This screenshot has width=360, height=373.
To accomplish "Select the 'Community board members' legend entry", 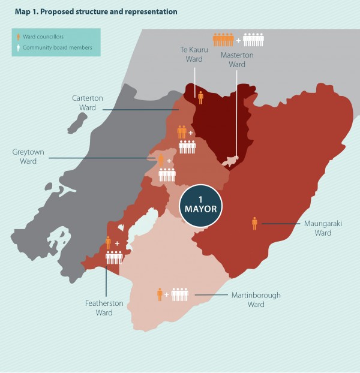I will (x=57, y=47).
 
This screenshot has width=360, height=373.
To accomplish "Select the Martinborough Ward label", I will (x=256, y=299).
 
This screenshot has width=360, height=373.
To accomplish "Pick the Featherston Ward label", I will (x=104, y=308).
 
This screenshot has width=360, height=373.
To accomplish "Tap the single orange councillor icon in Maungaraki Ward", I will (x=254, y=224).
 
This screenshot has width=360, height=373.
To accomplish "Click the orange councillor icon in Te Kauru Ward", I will (x=200, y=98).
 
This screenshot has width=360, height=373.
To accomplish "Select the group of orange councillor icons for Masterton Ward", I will (x=223, y=40).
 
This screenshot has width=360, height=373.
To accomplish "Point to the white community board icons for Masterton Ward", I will (x=253, y=40).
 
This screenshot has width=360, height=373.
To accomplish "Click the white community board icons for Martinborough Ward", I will (x=179, y=294).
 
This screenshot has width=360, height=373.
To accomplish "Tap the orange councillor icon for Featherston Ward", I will (x=108, y=243).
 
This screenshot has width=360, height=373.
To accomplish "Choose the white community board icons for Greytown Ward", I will (x=167, y=175).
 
